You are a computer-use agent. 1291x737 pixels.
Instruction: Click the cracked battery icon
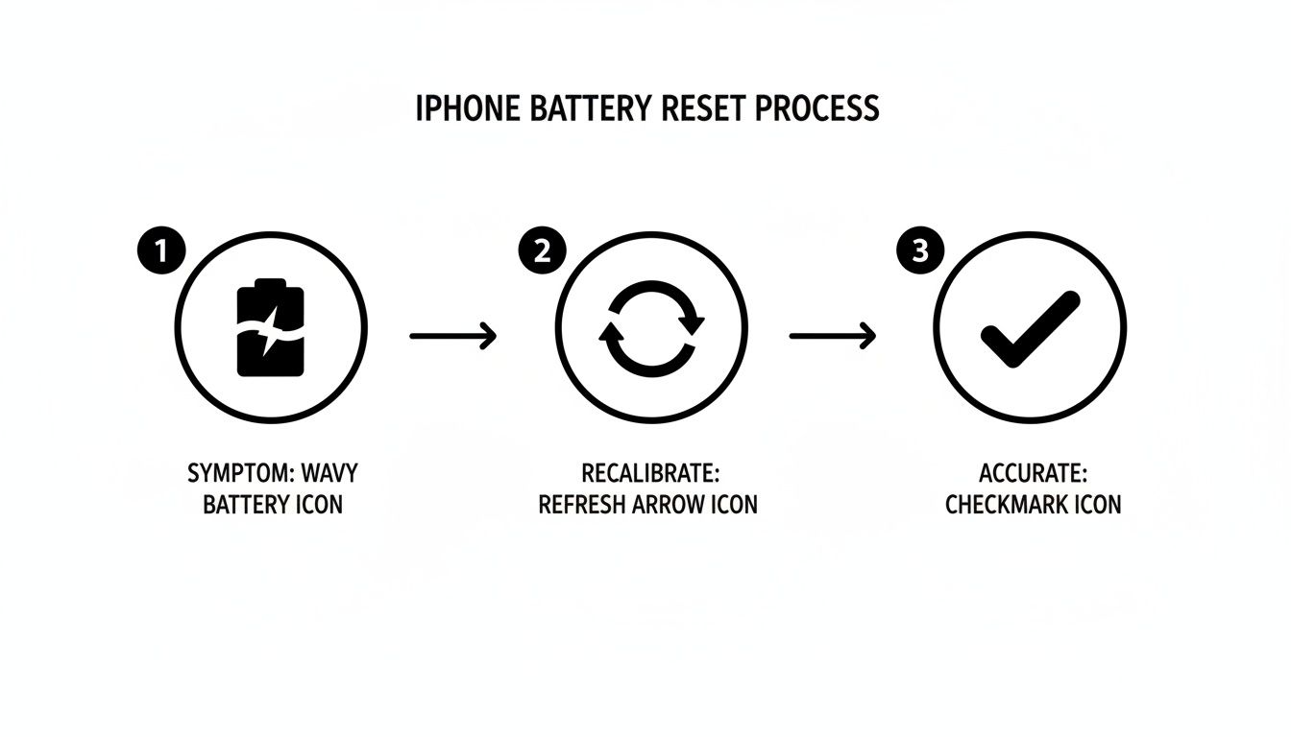pos(271,327)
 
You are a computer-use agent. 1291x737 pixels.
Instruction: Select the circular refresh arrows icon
pos(651,327)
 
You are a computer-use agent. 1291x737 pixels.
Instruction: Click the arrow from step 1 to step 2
pos(452,336)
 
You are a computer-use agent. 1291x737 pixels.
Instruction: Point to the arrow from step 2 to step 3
pos(832,336)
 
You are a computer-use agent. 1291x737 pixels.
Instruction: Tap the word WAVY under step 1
pos(329,473)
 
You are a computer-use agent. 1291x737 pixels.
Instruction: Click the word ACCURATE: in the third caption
pos(1033,473)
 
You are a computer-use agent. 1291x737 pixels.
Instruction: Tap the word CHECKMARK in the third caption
pos(1006,505)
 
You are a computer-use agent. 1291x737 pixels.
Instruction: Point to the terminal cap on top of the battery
pos(271,283)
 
